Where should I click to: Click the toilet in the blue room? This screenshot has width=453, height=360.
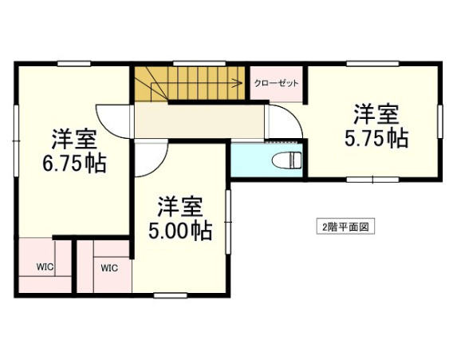(x=286, y=159)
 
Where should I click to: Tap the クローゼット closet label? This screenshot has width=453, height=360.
(x=277, y=83)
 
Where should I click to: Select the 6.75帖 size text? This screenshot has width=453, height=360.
(x=75, y=164)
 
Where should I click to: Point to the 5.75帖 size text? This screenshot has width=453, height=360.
(x=376, y=138)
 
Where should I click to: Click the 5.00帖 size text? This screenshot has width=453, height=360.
(x=180, y=231)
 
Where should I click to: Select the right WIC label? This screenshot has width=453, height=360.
(x=109, y=268)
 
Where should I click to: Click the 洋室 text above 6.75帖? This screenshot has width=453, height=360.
(x=75, y=140)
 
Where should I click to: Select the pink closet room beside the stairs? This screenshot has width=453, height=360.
(x=277, y=88)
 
